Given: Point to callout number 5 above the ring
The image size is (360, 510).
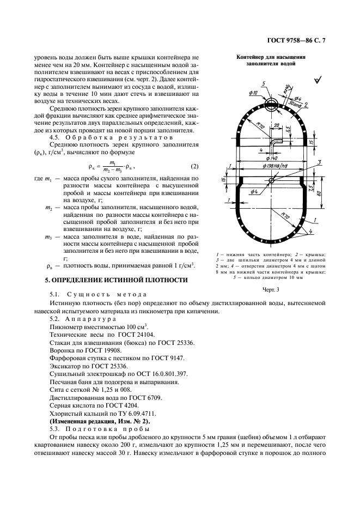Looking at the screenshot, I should pyautogui.click(x=263, y=84).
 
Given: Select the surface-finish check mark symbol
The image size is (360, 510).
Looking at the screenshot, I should pyautogui.click(x=317, y=80).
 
